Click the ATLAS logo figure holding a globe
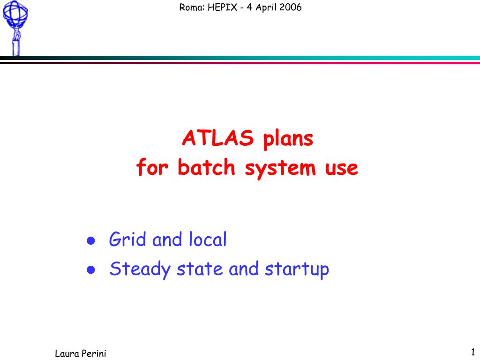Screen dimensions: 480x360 pyautogui.click(x=15, y=28)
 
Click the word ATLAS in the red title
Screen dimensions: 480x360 pyautogui.click(x=218, y=138)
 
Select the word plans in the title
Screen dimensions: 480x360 pyautogui.click(x=288, y=139)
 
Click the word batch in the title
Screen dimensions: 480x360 pyautogui.click(x=206, y=167)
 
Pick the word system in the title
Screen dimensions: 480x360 pyautogui.click(x=280, y=169)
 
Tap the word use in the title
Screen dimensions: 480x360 pyautogui.click(x=341, y=169)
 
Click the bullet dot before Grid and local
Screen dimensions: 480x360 pyautogui.click(x=91, y=240)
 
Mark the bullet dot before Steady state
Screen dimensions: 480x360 pyautogui.click(x=91, y=270)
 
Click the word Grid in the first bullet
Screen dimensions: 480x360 pyautogui.click(x=127, y=239)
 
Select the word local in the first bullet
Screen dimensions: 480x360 pyautogui.click(x=208, y=239)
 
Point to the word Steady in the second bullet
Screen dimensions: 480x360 pyautogui.click(x=140, y=270)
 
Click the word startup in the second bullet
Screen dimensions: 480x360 pyautogui.click(x=297, y=270)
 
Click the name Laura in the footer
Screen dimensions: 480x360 pyautogui.click(x=67, y=353)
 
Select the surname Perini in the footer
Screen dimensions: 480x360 pyautogui.click(x=94, y=353)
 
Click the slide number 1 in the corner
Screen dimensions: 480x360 pyautogui.click(x=473, y=352)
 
